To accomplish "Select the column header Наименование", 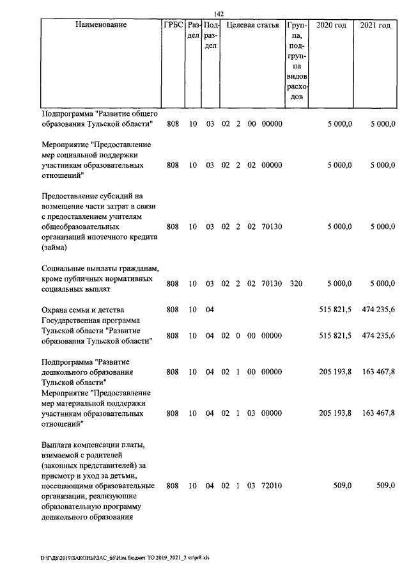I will [x=101, y=26].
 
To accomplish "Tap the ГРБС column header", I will [x=173, y=26].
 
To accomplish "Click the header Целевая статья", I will [x=251, y=26].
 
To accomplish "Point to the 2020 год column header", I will [x=332, y=26].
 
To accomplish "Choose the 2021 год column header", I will [x=375, y=26].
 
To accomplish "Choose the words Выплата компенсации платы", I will [x=93, y=444].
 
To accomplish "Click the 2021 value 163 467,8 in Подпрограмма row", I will [x=378, y=372].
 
